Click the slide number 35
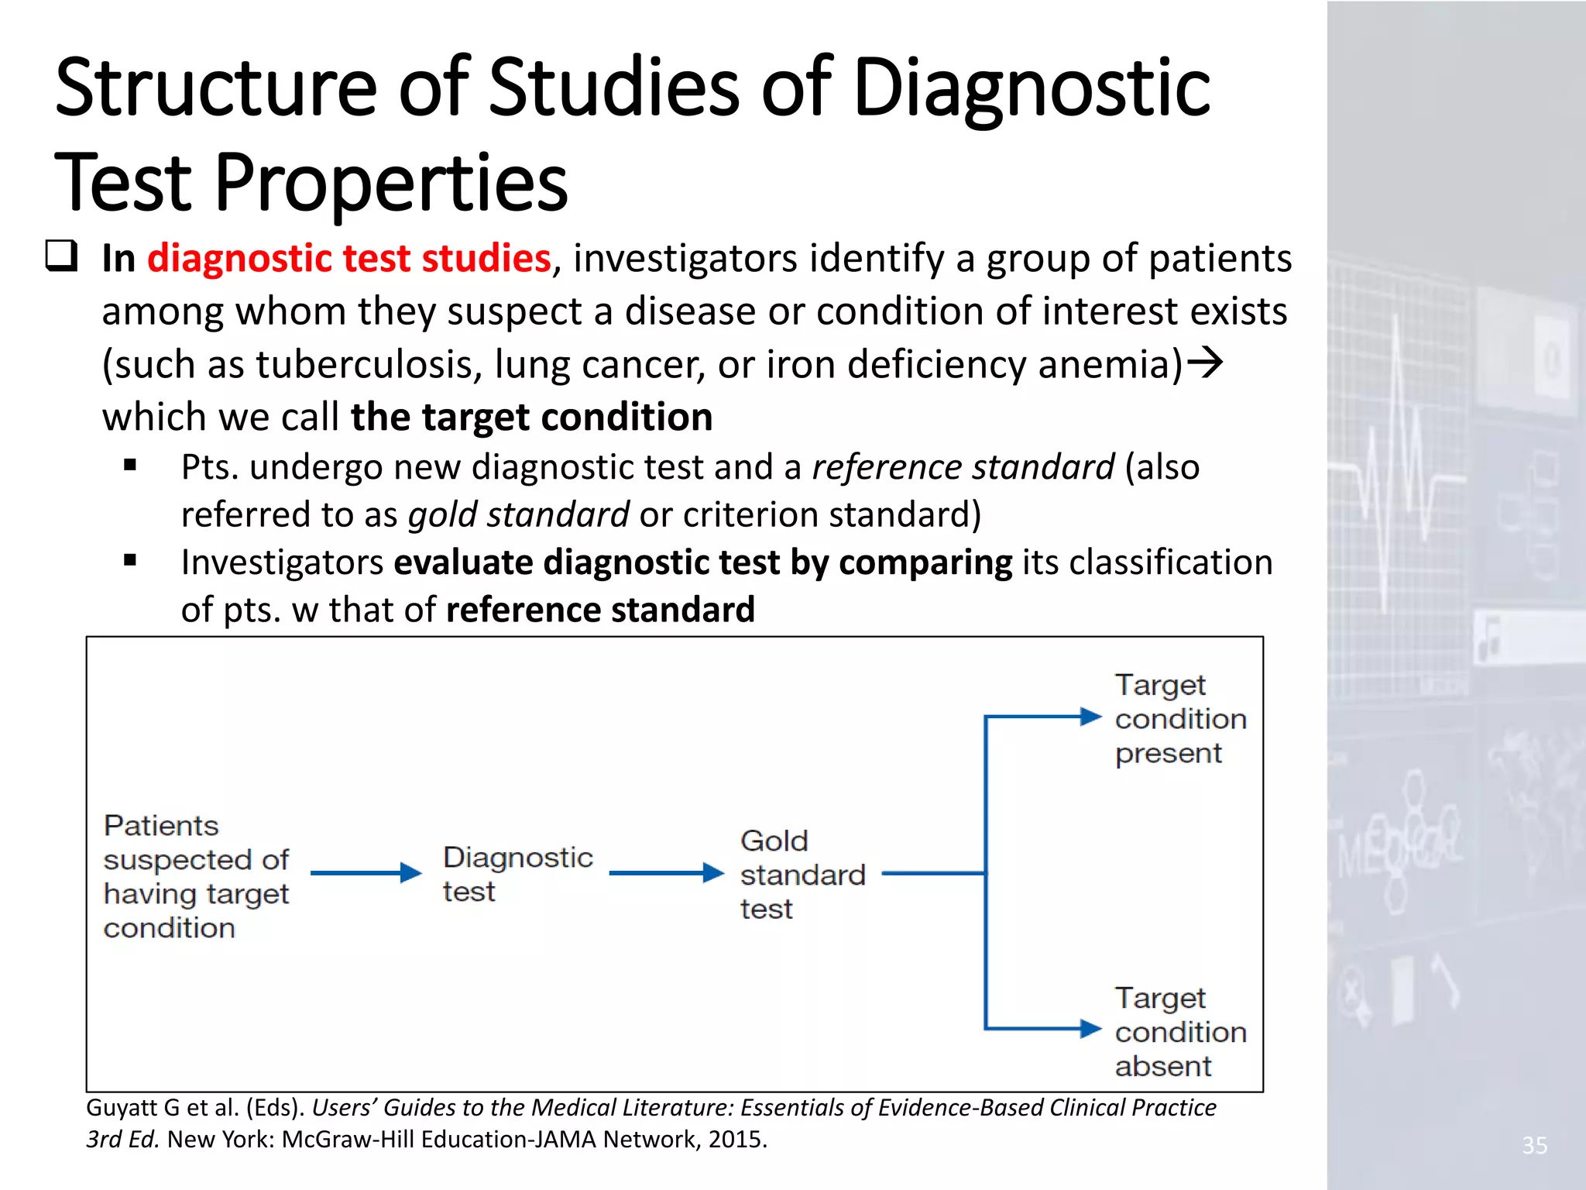[x=1534, y=1145]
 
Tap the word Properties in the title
[x=391, y=184]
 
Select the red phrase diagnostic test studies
[x=348, y=258]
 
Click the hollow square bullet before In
[x=61, y=256]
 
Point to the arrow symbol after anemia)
[x=1205, y=362]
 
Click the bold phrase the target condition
[x=531, y=417]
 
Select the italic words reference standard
[x=963, y=467]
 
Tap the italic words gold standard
[x=518, y=514]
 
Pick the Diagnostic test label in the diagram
[x=517, y=874]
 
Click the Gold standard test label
[x=802, y=874]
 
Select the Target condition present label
[x=1179, y=719]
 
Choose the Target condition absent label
[x=1179, y=1032]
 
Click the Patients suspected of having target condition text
[x=196, y=876]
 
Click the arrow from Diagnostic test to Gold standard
[x=666, y=873]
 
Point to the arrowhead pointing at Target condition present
[x=1090, y=717]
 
